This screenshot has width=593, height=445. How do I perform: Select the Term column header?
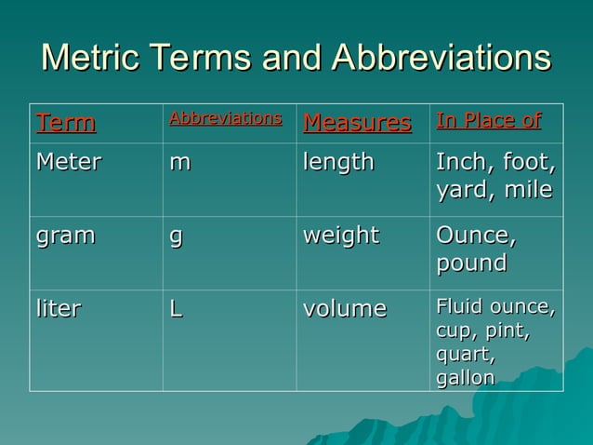point(65,123)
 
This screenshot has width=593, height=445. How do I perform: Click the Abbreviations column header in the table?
point(225,119)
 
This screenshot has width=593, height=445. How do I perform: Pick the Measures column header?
point(357,123)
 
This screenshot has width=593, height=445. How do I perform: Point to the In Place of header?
point(488,121)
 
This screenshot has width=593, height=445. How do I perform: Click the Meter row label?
point(68,163)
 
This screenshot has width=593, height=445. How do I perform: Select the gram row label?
point(65,236)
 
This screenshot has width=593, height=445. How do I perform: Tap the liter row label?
point(59,309)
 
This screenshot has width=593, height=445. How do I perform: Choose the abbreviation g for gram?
point(175,236)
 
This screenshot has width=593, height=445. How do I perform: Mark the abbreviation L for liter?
point(175,309)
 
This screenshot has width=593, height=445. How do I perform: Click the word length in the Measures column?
point(338,163)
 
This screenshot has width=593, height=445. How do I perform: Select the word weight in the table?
point(341,236)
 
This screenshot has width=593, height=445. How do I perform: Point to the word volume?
point(345,309)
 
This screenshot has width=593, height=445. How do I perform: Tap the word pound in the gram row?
point(471,263)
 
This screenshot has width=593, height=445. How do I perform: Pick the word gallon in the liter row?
point(465,378)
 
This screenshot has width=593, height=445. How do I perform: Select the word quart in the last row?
point(464,355)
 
